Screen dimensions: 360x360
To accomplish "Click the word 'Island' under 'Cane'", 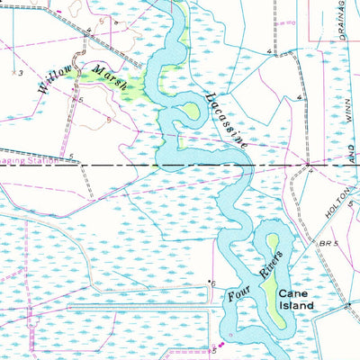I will tap(295, 306).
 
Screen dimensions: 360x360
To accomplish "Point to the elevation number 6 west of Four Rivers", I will tap(213, 283).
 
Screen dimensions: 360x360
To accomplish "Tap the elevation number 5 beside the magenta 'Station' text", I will tap(71, 156).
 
